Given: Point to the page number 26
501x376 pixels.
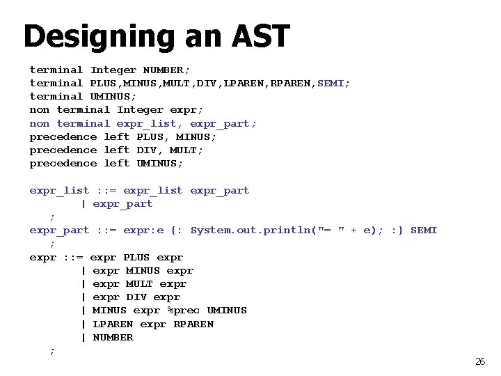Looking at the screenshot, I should pos(479,361).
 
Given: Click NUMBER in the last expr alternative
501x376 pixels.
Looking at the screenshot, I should pos(113,337).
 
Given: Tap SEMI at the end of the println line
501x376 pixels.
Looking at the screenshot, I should pos(424,230).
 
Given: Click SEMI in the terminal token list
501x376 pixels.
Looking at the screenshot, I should pos(333,84).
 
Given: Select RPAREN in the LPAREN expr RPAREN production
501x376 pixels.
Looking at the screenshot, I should pos(193,324).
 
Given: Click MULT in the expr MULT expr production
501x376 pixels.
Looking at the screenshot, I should pos(139,283).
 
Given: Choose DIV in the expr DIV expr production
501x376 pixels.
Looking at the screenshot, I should pos(136,297).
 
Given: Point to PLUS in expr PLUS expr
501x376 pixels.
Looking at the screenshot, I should pos(136,257).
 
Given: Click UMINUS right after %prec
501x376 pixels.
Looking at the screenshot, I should pos(227,311).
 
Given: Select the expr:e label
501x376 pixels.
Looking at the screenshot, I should pos(143,230).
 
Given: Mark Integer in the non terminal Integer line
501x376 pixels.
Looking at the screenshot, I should pos(140,110).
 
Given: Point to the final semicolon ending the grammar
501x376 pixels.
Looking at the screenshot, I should pos(51,351).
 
